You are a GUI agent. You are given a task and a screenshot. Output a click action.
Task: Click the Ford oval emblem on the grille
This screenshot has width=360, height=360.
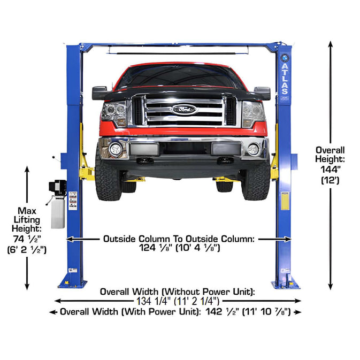[184, 109]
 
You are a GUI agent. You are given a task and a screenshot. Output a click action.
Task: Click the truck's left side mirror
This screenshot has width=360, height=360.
[99, 93]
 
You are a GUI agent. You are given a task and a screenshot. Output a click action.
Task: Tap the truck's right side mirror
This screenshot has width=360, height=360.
[262, 93]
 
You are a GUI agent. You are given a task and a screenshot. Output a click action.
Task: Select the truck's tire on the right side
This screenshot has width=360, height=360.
[256, 179]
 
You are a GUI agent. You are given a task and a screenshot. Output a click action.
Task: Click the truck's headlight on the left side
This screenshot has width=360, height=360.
[114, 114]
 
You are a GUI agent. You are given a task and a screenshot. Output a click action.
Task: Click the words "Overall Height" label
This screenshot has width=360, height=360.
[330, 155]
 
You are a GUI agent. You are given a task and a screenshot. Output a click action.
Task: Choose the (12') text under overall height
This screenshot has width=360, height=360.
[330, 181]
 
